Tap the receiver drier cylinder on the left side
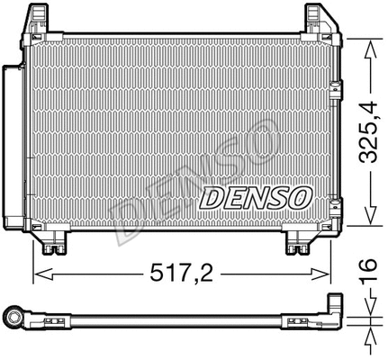pyautogui.click(x=12, y=144)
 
